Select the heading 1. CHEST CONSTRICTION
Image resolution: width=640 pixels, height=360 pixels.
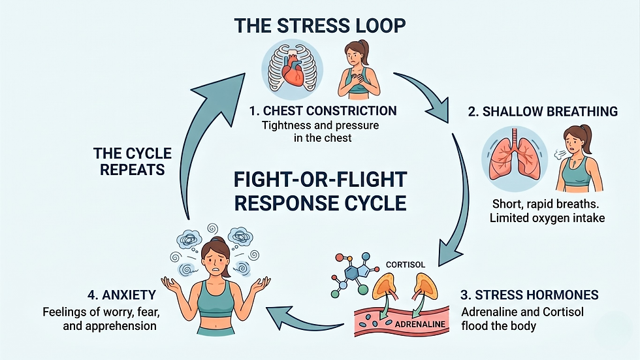point(323,110)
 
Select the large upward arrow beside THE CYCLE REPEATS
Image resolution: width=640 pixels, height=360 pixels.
point(196,144)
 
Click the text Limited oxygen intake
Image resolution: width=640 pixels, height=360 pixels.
point(547,218)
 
